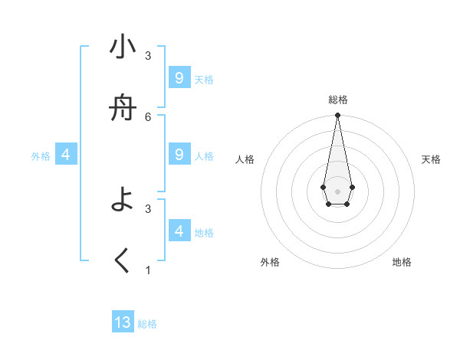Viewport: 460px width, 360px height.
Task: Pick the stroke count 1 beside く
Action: tap(148, 270)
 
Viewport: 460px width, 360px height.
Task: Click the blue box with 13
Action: tap(123, 322)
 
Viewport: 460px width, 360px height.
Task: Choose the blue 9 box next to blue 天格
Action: tap(179, 78)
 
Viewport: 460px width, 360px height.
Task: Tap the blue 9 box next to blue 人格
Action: tap(179, 155)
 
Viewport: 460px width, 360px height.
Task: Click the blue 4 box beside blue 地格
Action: tap(179, 231)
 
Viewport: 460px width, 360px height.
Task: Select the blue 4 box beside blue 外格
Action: tap(66, 155)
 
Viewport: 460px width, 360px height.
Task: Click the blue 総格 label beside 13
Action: tap(147, 324)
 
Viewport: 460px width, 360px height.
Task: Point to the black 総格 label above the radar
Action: tap(337, 100)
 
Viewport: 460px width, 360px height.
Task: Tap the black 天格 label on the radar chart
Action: tap(431, 159)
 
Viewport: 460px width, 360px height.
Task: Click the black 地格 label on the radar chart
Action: tap(402, 262)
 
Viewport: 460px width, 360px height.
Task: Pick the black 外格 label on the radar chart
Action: tap(270, 262)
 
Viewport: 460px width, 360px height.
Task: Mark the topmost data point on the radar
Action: tap(337, 116)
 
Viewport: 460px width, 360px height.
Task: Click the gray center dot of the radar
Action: tap(337, 191)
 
